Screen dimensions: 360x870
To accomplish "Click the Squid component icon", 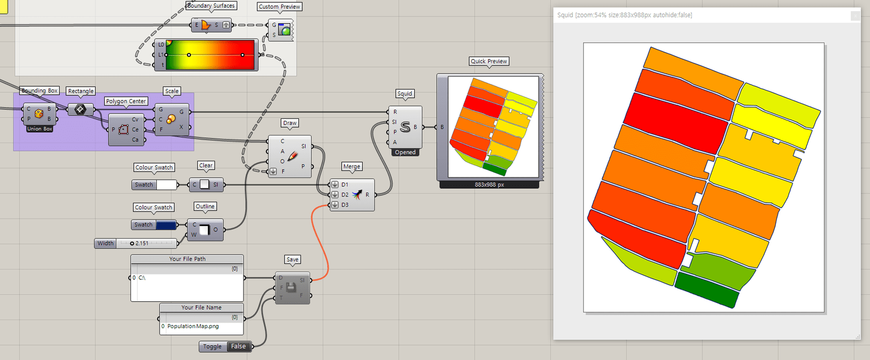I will tap(405, 127).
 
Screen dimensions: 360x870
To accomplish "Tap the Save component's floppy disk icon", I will tap(292, 288).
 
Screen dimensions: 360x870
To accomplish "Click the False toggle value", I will tap(238, 347).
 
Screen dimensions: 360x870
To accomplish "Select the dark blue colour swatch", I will tap(166, 225).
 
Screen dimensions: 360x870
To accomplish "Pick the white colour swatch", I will tap(166, 185).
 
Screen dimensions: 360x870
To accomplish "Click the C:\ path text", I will tap(142, 278).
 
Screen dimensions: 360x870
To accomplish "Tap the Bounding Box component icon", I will tap(39, 114).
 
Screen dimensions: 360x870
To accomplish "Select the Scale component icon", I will tap(171, 119).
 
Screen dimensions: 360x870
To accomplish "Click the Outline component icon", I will tap(205, 230).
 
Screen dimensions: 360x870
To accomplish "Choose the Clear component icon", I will tap(205, 185).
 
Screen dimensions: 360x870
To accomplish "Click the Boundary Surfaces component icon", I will tap(205, 25).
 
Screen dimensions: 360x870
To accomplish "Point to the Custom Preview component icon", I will tap(286, 30).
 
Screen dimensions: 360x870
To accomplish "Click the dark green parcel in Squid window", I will tap(707, 289).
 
